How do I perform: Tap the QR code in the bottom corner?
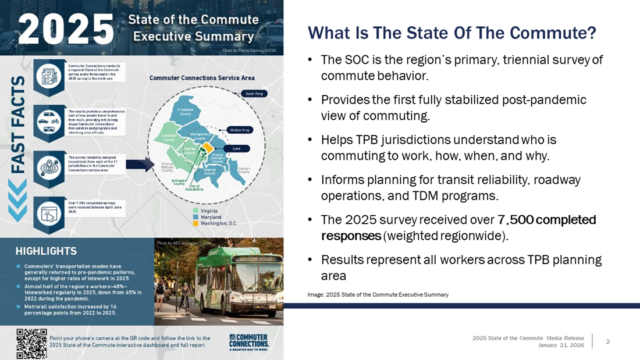click(x=31, y=344)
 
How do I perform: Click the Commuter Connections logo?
click(x=249, y=343)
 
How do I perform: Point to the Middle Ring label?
click(x=240, y=130)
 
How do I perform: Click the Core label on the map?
click(x=236, y=149)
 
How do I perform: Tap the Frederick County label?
click(x=185, y=111)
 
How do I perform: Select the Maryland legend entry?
click(x=208, y=216)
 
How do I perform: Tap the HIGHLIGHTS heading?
click(x=46, y=251)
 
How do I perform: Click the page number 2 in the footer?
click(x=608, y=341)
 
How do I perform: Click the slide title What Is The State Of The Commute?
click(x=451, y=33)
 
